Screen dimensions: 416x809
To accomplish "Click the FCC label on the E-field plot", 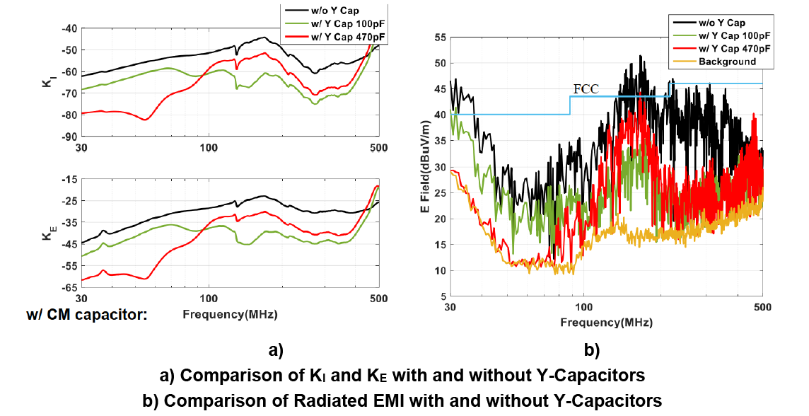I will (586, 89).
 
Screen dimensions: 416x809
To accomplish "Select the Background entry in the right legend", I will (727, 62).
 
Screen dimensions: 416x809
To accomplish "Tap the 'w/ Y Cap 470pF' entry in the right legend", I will (734, 48).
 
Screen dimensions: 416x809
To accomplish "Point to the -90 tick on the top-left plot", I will (69, 136).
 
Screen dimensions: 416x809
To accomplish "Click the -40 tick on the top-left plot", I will (69, 28).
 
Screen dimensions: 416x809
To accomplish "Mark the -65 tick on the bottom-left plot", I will (69, 288).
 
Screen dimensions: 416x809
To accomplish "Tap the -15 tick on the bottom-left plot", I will (69, 180).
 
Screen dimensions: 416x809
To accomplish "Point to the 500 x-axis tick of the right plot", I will (762, 308).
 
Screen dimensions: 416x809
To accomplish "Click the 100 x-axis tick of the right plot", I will (583, 308).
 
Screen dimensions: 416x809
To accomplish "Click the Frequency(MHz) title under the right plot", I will (607, 322).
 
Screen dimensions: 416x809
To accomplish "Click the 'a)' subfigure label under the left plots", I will (275, 349).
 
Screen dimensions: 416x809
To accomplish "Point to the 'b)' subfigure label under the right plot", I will (591, 349).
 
